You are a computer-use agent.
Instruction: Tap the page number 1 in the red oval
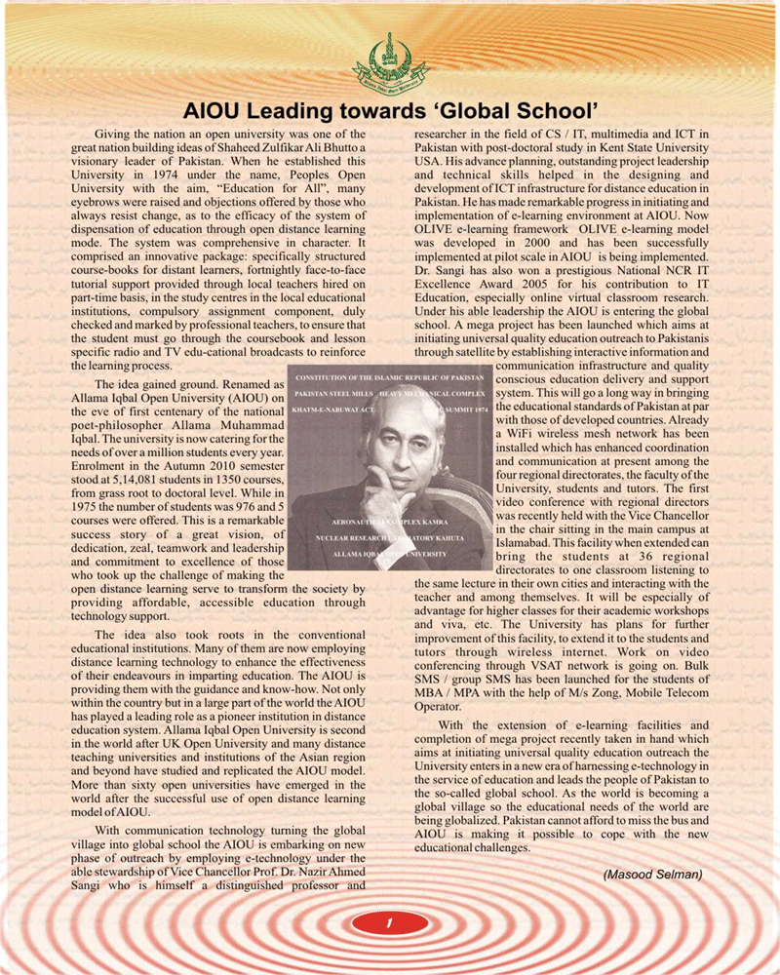coord(389,921)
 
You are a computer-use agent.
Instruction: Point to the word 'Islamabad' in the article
coord(527,534)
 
